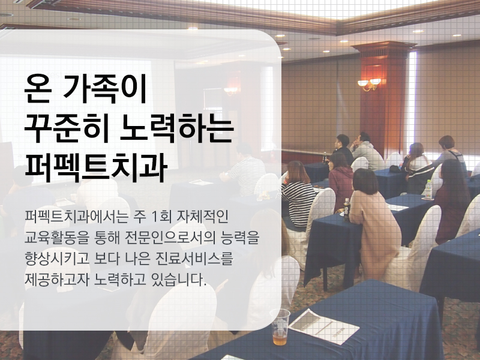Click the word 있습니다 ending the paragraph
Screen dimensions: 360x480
(x=180, y=280)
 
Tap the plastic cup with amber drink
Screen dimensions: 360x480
(x=280, y=327)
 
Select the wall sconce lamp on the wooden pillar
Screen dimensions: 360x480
(x=368, y=83)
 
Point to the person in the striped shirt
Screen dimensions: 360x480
(x=298, y=195)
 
